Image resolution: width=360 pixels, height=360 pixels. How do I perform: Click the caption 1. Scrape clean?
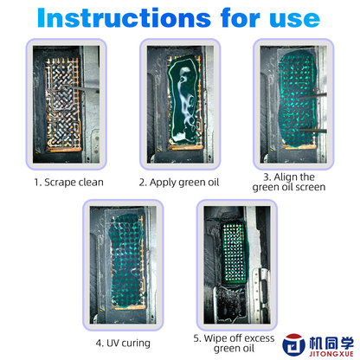point(70,183)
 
